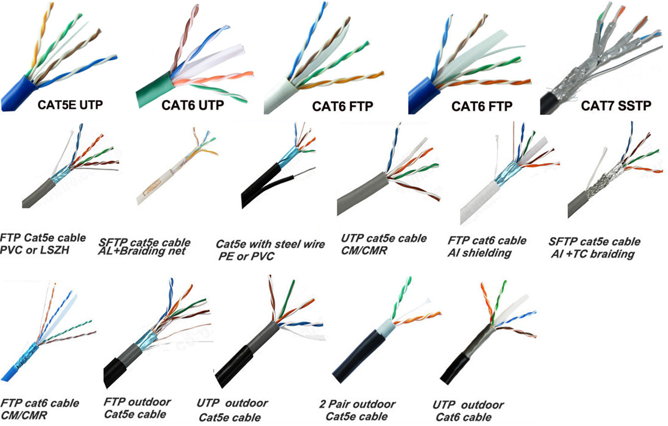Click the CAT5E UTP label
(70, 105)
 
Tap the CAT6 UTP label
(192, 105)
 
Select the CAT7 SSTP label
(616, 105)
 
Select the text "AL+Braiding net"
(142, 251)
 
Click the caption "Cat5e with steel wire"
(270, 244)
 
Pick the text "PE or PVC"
(246, 256)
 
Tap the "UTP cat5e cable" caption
(383, 239)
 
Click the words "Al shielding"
(479, 253)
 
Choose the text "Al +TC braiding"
(593, 254)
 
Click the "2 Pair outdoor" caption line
(357, 404)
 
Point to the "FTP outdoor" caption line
(137, 402)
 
